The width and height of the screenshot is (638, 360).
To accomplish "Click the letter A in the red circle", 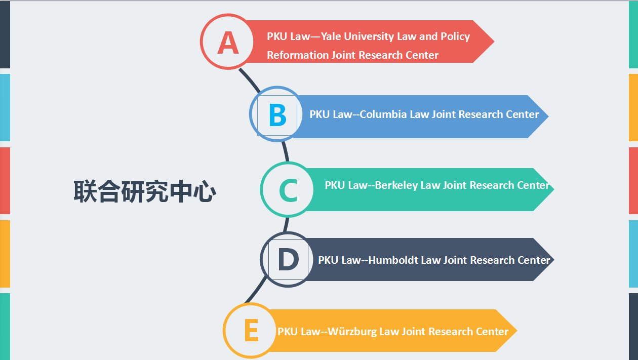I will pos(228,43).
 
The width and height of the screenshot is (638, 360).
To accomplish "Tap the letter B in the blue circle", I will pos(277,115).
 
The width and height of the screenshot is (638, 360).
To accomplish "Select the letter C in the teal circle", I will pos(288,190).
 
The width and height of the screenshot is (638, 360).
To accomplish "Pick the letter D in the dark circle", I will pos(288,260).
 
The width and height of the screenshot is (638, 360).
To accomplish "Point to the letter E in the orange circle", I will pos(251,332).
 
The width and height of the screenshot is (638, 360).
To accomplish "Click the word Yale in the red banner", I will pos(332,36).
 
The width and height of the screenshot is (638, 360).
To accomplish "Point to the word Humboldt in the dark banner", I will pos(393,260).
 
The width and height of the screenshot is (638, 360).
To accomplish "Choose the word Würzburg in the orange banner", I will pos(352,332).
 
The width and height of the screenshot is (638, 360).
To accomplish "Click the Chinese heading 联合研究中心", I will pos(145,192).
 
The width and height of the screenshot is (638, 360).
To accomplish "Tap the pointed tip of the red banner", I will pos(492,42).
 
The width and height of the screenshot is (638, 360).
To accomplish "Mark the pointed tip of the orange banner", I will pos(515,331).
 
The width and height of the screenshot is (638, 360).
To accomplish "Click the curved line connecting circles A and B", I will pos(250,81).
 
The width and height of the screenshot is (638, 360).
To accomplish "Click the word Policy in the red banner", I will pos(455,36).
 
